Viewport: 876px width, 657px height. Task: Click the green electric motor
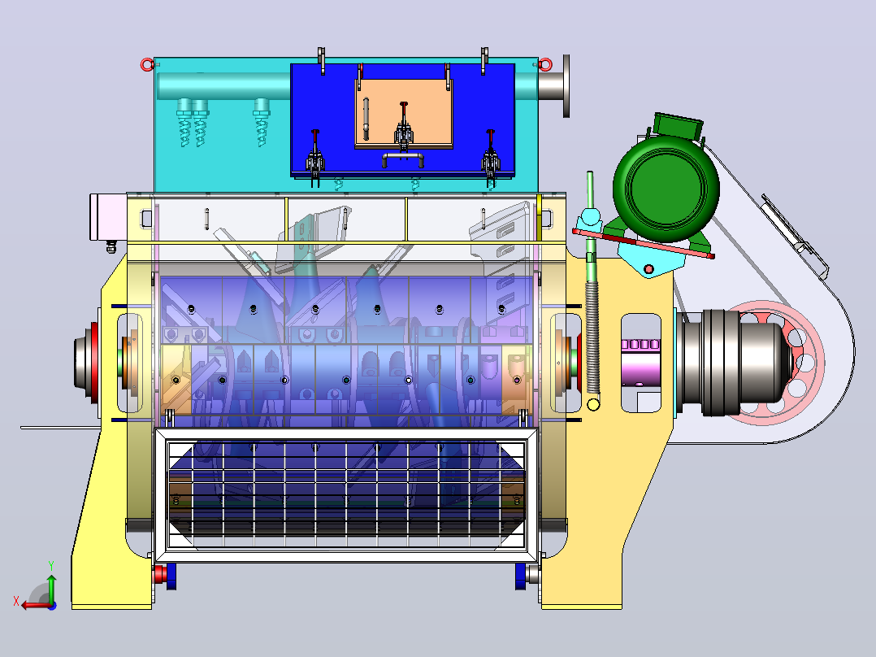click(x=666, y=185)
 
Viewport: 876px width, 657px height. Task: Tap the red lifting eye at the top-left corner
click(x=147, y=65)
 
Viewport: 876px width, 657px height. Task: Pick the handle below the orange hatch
click(x=403, y=159)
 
